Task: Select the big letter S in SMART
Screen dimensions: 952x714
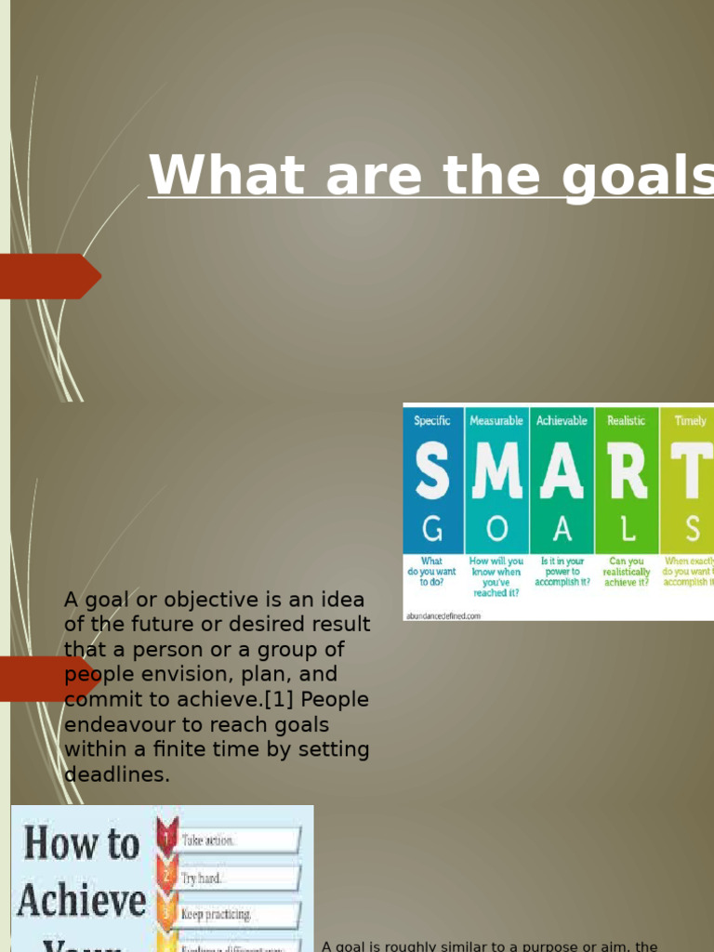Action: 431,472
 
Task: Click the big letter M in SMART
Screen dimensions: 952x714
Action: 496,472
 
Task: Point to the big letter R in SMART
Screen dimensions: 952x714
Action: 626,472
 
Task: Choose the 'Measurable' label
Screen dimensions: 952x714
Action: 496,421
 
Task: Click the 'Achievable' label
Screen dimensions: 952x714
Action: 562,421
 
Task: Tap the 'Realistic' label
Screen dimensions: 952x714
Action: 626,421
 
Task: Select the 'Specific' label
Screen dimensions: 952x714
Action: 432,421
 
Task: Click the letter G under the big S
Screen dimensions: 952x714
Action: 432,529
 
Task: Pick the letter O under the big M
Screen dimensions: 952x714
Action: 497,529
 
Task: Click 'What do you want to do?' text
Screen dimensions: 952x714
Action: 431,572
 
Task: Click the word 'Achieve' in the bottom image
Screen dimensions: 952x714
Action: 82,900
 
